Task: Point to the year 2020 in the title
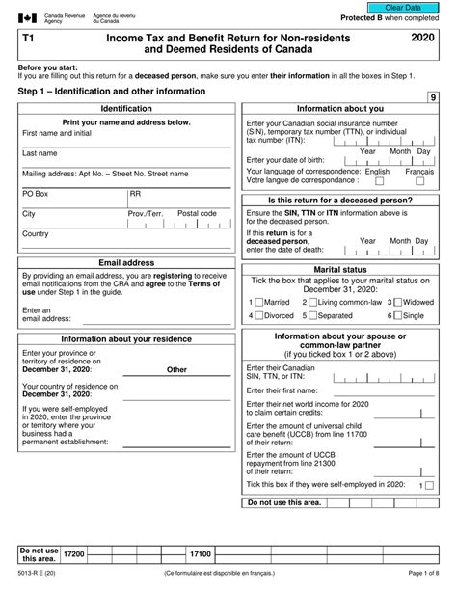[421, 35]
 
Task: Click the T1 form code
[25, 35]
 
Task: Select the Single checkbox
[397, 315]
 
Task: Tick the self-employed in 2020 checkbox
[428, 487]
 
